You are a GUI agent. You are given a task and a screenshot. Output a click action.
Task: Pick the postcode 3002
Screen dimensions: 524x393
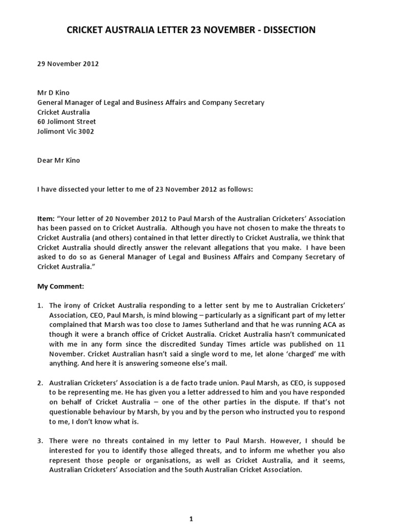click(84, 131)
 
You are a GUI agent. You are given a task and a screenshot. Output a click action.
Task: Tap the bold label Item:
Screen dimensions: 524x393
click(47, 219)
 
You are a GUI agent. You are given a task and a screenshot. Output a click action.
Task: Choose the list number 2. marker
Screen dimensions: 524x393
click(40, 383)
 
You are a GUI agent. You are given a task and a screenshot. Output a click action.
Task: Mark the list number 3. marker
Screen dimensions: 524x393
click(40, 441)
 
